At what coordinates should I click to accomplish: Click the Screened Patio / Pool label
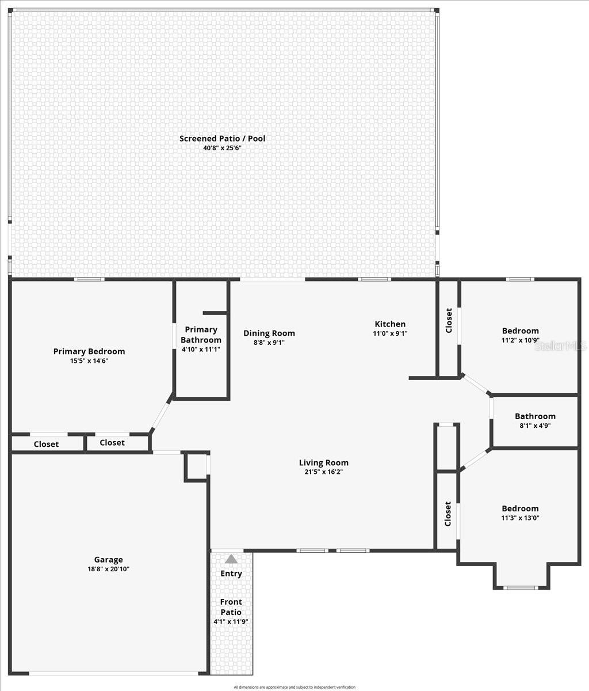click(222, 138)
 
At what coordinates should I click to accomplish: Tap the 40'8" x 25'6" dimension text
click(222, 148)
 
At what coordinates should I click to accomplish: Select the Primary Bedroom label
click(89, 351)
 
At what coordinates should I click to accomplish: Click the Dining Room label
click(269, 333)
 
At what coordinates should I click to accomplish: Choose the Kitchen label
click(390, 324)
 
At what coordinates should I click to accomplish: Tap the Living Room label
click(324, 462)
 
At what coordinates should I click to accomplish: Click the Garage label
click(109, 559)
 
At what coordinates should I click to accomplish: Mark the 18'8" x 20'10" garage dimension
click(109, 569)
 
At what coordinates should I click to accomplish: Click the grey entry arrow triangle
click(231, 559)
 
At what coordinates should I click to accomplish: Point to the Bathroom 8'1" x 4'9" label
click(535, 416)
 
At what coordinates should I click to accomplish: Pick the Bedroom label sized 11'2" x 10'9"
click(521, 331)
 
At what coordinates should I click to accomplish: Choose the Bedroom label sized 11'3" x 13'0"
click(521, 508)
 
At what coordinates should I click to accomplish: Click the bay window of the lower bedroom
click(521, 587)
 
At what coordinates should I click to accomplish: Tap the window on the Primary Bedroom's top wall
click(89, 279)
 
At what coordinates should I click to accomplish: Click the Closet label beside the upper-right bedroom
click(449, 320)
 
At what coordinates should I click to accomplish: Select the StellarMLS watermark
click(560, 345)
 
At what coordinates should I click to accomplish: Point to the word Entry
click(231, 574)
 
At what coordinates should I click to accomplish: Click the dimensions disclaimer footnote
click(294, 687)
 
